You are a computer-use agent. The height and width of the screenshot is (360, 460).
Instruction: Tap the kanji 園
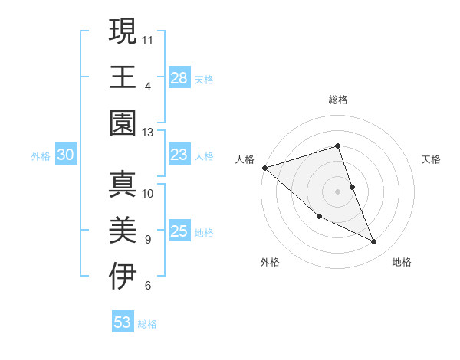coord(123,122)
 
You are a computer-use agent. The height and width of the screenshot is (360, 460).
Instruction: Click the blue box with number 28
coord(179,77)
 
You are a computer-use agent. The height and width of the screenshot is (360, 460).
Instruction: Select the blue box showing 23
coord(179,155)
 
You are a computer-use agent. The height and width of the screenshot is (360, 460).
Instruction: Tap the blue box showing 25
coord(179,232)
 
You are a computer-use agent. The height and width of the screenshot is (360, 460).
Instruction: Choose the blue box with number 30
coord(65,155)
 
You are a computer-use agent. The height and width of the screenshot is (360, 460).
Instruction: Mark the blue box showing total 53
coord(123,322)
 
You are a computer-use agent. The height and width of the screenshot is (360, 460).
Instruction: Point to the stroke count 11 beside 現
coord(148,38)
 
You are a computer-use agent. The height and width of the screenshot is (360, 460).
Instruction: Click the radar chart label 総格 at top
coord(338,100)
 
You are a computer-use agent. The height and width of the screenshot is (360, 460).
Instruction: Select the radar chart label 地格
coord(402,262)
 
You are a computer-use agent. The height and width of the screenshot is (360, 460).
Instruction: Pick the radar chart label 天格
coord(432,159)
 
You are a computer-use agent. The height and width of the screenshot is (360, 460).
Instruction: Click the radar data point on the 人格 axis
coord(264,168)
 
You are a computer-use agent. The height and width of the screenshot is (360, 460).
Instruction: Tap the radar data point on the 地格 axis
coord(374,242)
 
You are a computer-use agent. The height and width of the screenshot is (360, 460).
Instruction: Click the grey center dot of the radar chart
coord(338,191)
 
